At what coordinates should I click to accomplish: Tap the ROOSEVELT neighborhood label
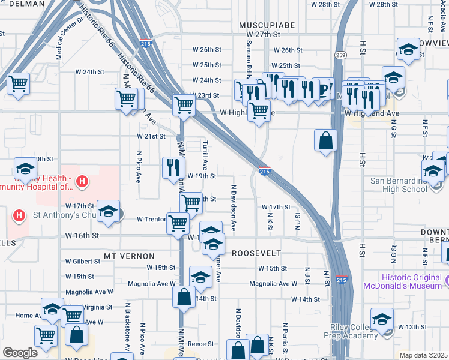[x=256, y=253]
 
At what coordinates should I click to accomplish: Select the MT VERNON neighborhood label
[x=125, y=256]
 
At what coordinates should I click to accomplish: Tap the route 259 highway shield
[x=340, y=55]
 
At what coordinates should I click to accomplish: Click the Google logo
[x=20, y=353]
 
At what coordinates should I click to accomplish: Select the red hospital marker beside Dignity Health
[x=83, y=181]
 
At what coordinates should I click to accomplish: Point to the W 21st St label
[x=151, y=136]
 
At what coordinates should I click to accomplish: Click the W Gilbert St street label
[x=83, y=261]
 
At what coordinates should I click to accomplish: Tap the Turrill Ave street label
[x=205, y=154]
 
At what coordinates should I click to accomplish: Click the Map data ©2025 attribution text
[x=423, y=355]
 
